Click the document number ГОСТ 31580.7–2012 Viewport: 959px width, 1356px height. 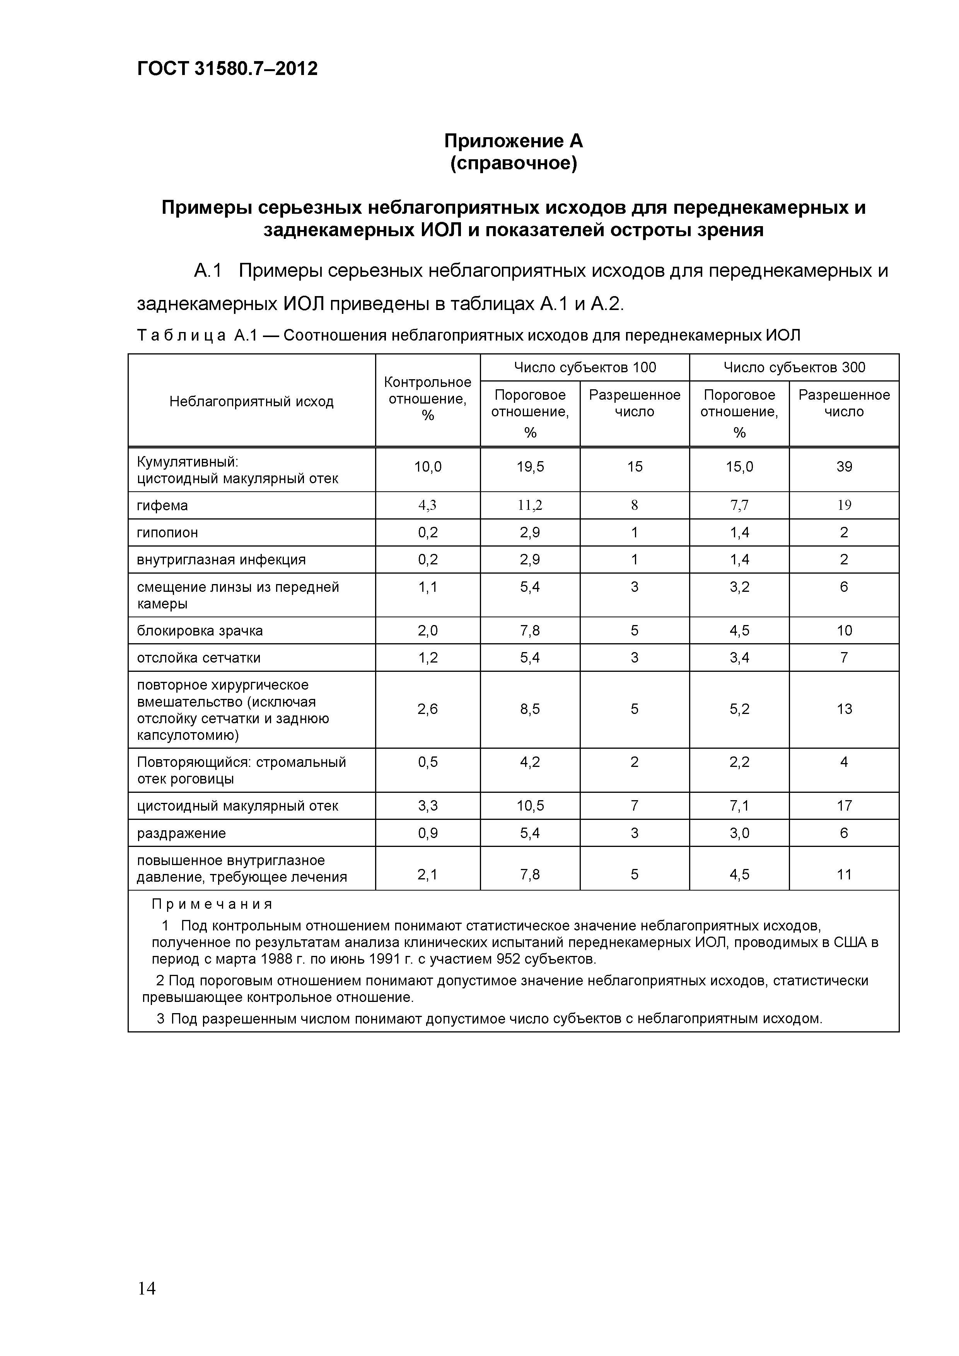tap(227, 68)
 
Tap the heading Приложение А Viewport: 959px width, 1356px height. tap(513, 141)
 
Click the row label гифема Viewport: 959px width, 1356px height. tap(162, 506)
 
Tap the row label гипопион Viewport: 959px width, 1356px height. tap(167, 533)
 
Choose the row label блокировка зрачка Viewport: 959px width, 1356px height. tap(200, 631)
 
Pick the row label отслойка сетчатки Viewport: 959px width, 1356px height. tap(198, 658)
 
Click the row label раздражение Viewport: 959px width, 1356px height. tap(181, 833)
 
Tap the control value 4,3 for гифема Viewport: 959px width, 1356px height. tap(427, 506)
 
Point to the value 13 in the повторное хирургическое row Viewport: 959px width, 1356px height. tap(844, 709)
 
